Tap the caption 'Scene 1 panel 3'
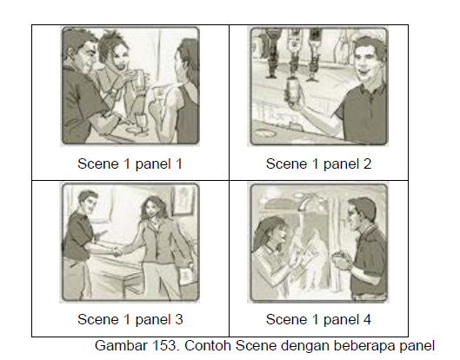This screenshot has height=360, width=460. tap(130, 318)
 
